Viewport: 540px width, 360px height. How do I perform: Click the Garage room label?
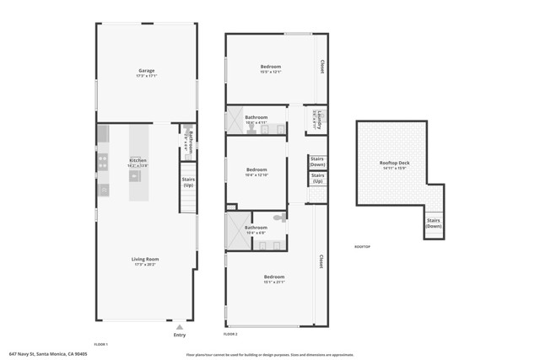(x=147, y=73)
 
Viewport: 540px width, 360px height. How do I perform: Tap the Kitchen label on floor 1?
(x=138, y=162)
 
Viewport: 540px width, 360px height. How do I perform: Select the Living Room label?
(x=147, y=261)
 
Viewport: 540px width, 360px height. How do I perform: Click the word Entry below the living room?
(x=179, y=335)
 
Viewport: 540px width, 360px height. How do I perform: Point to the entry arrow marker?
(x=179, y=326)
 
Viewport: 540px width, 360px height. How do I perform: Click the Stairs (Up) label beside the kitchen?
(x=188, y=181)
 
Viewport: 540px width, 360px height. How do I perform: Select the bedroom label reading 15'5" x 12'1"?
(x=271, y=68)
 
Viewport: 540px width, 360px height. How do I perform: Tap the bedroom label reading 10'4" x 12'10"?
(x=256, y=172)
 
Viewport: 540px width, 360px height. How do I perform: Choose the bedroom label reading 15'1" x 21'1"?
(x=274, y=279)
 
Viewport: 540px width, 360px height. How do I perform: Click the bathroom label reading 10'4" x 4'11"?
(x=256, y=120)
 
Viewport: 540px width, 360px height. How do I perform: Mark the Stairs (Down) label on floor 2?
(x=317, y=161)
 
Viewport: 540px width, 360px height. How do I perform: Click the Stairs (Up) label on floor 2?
(x=317, y=178)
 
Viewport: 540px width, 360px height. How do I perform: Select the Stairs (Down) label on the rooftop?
(x=433, y=223)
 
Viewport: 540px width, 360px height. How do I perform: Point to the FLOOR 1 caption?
(x=100, y=344)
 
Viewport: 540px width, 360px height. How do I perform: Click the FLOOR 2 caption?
(x=230, y=335)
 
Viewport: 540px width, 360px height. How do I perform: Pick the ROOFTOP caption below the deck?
(x=362, y=246)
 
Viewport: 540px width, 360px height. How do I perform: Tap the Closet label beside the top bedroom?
(x=321, y=67)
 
